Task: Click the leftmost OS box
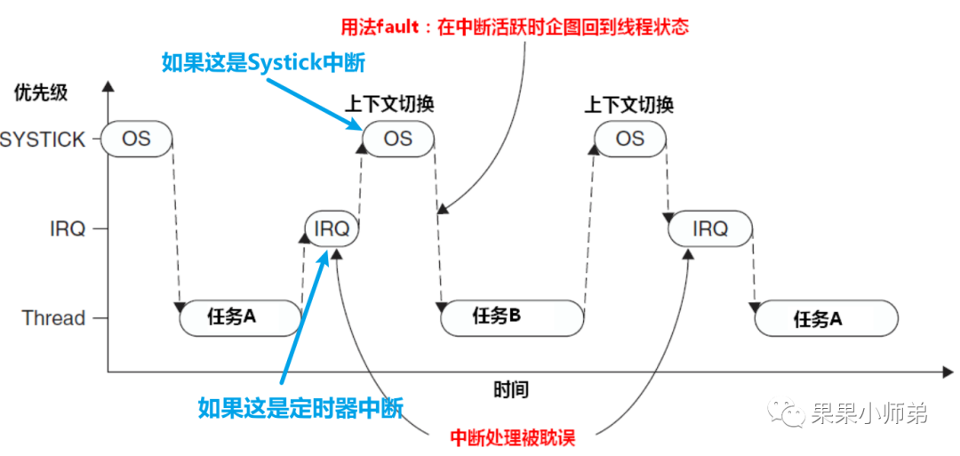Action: click(x=136, y=139)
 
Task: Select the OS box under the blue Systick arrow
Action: click(x=398, y=139)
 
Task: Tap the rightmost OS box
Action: click(x=629, y=139)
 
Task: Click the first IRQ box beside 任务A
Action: click(x=332, y=228)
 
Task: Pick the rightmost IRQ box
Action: click(x=710, y=228)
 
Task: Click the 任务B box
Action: click(x=513, y=317)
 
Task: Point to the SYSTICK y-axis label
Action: click(x=43, y=140)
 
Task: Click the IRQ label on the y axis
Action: click(x=68, y=229)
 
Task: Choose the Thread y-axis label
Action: click(x=54, y=318)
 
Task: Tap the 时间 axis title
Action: click(x=510, y=389)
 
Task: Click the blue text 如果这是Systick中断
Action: click(x=263, y=62)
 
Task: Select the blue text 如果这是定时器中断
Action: click(x=300, y=408)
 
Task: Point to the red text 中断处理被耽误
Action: click(x=512, y=437)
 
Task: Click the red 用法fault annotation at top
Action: click(x=515, y=27)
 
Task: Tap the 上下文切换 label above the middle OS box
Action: click(x=389, y=104)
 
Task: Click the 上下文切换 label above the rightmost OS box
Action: click(x=628, y=105)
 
